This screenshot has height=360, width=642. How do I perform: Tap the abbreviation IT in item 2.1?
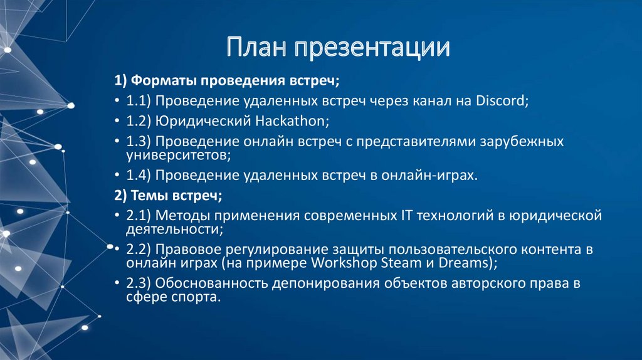(x=406, y=216)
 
